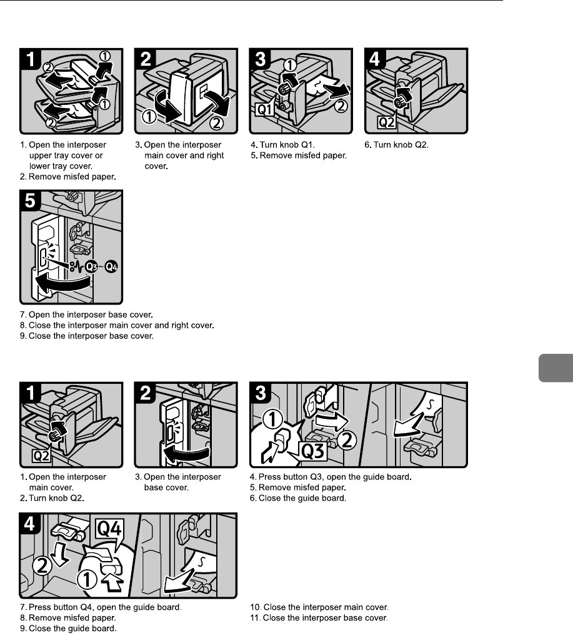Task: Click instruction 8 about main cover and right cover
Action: pyautogui.click(x=117, y=325)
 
